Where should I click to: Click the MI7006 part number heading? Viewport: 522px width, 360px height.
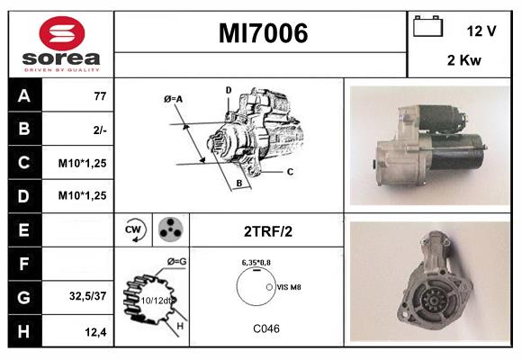(x=263, y=33)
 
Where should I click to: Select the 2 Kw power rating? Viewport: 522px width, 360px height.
(x=463, y=62)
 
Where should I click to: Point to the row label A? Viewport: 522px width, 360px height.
(x=24, y=96)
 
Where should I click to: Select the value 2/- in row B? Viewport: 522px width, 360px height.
(x=100, y=130)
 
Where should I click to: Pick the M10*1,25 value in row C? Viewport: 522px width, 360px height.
(x=84, y=164)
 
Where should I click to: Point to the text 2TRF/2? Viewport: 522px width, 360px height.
(x=268, y=230)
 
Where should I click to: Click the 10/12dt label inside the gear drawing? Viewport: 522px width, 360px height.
(x=155, y=301)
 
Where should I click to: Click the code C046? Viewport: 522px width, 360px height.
(x=265, y=329)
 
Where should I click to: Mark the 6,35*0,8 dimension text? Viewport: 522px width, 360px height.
(x=257, y=263)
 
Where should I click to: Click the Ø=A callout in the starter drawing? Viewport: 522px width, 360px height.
(x=174, y=99)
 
